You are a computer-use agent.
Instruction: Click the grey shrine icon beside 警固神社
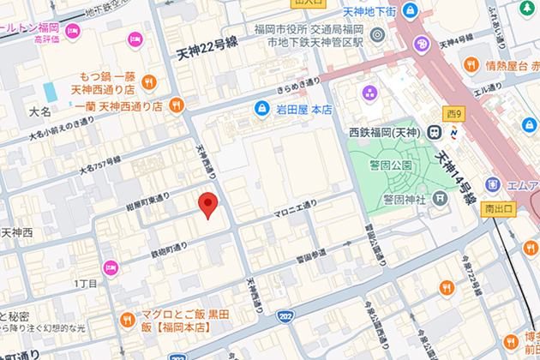pos(441,199)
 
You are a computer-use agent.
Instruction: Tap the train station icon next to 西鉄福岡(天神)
pos(435,132)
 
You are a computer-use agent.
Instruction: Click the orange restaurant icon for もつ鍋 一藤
pos(149,81)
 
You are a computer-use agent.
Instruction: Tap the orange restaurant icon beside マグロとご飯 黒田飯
pos(127,320)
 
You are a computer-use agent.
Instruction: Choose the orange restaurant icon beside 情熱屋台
pos(471,64)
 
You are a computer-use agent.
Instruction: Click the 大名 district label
pos(39,111)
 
